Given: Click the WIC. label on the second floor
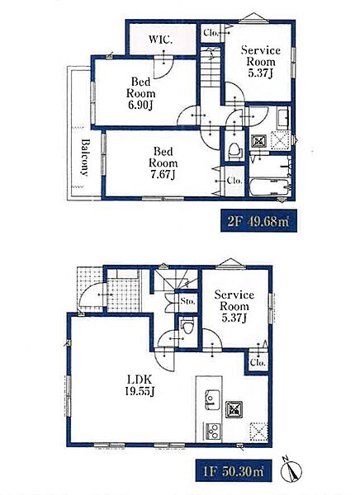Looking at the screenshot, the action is pos(160,40).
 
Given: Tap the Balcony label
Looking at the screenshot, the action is pos(84,158).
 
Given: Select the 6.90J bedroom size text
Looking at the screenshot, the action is pos(140,105).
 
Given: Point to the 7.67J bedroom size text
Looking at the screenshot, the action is pos(163,175).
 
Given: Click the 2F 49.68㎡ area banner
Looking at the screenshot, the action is pos(258,220).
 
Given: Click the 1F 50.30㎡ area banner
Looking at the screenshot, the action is pos(234,470).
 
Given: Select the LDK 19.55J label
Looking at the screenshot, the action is pos(140,384).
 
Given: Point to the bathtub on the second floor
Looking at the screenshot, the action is pos(269,187).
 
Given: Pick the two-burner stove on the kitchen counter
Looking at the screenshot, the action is pos(213,431).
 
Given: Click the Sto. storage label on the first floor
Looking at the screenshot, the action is pos(187,301).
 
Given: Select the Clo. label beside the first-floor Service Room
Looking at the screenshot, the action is pos(258,363).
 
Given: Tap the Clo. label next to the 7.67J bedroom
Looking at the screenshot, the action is pos(234,181).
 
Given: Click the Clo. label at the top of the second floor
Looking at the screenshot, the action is pos(211,32).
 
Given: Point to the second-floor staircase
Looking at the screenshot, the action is pos(211,67).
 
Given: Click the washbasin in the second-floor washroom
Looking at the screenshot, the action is pos(283,117).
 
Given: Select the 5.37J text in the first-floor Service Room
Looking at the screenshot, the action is pos(234,318).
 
